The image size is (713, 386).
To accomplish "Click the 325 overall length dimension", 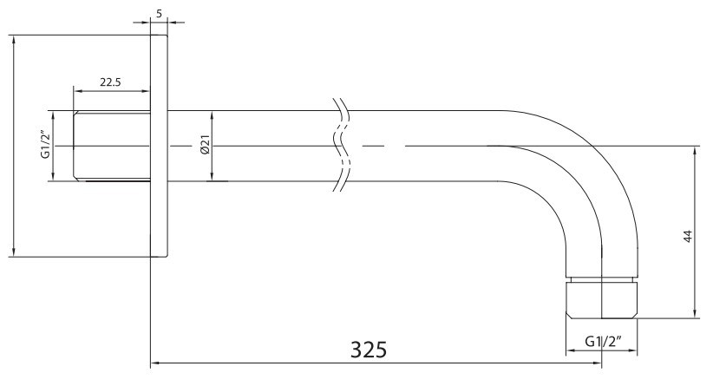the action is click(369, 350).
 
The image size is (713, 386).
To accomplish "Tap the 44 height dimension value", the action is click(688, 236).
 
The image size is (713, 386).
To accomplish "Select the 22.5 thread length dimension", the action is click(110, 82).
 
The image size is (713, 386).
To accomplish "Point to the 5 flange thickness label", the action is click(159, 14).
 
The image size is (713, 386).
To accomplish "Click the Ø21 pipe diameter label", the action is click(205, 145).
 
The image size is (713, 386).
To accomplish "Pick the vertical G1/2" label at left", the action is click(44, 145).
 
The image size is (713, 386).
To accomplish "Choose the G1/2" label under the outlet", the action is click(603, 341).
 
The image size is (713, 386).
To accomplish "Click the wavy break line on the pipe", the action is click(341, 145).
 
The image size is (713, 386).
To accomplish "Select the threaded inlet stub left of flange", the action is click(112, 146).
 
